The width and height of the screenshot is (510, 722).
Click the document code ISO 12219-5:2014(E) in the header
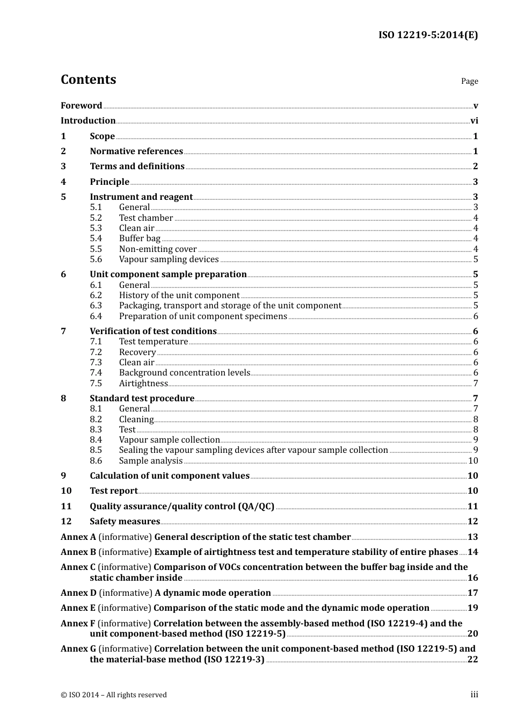tap(428, 35)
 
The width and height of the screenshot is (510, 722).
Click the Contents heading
tap(88, 80)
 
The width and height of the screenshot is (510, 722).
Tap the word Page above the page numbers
tap(469, 81)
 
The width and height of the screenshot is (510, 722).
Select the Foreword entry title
tap(81, 106)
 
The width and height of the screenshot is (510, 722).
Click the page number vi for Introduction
tap(474, 121)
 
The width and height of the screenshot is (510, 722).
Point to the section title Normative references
tap(136, 151)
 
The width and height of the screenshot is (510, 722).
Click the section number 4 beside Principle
tap(63, 182)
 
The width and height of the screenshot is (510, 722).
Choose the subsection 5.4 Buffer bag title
tap(140, 239)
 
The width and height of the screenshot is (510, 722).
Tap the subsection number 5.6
tap(96, 259)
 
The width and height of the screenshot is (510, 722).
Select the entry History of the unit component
tap(179, 295)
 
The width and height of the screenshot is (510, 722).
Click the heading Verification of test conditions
tap(153, 331)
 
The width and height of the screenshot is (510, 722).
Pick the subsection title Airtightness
tap(143, 384)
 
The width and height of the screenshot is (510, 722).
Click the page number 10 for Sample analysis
tap(473, 461)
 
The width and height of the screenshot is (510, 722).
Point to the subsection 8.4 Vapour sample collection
tap(169, 440)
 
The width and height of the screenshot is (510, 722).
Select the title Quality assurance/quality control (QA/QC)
tap(182, 507)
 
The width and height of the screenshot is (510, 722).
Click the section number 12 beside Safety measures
tap(66, 522)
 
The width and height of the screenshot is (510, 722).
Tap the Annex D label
tap(78, 593)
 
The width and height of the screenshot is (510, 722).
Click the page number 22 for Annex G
tap(472, 660)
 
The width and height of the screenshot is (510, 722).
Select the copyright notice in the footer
tap(114, 695)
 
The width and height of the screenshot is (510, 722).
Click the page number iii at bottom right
tap(474, 695)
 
